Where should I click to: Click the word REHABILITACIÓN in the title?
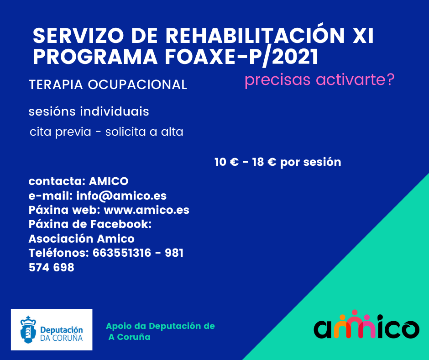(x=255, y=35)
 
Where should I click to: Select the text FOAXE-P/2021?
(x=241, y=57)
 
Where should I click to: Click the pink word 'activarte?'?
(x=355, y=79)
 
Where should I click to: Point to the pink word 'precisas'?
(x=277, y=80)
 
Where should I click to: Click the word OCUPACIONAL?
(x=137, y=85)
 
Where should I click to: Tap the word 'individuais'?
(x=115, y=111)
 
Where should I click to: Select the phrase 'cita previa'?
(x=60, y=132)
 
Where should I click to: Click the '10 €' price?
(x=226, y=162)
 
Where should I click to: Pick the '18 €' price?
(x=264, y=162)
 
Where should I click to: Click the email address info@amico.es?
(x=121, y=196)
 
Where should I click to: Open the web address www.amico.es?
(x=146, y=210)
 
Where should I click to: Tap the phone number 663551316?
(x=122, y=253)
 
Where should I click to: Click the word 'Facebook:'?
(x=121, y=224)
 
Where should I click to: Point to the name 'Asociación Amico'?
(x=82, y=238)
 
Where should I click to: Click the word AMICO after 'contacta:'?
(x=109, y=181)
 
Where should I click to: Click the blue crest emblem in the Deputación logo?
(x=28, y=329)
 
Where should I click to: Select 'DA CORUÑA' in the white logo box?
(x=61, y=338)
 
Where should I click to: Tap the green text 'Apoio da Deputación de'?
(x=160, y=326)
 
